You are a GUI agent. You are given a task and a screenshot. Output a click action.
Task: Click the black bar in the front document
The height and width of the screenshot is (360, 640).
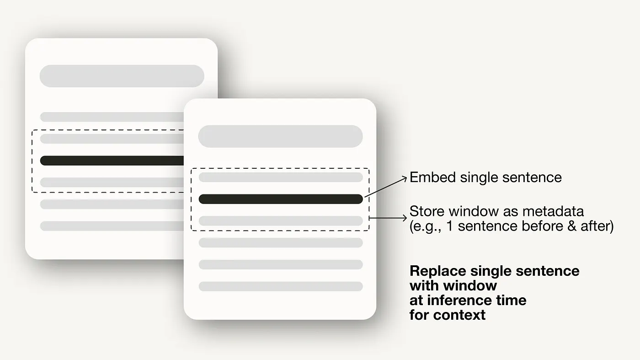click(280, 199)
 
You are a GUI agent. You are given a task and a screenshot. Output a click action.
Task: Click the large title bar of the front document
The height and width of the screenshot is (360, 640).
click(280, 136)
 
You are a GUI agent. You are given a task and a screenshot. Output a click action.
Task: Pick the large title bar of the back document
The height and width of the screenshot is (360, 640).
click(122, 76)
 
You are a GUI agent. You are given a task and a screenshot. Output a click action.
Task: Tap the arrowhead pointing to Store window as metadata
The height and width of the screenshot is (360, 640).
click(405, 219)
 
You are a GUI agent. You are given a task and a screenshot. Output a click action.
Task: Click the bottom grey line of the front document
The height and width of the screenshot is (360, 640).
click(280, 286)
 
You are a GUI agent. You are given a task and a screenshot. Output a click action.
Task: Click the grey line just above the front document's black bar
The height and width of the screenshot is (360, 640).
click(280, 177)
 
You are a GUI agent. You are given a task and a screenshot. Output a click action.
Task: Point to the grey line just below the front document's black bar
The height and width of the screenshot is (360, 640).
click(280, 221)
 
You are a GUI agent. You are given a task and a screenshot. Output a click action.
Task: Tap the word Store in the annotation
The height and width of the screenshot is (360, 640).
click(427, 211)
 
